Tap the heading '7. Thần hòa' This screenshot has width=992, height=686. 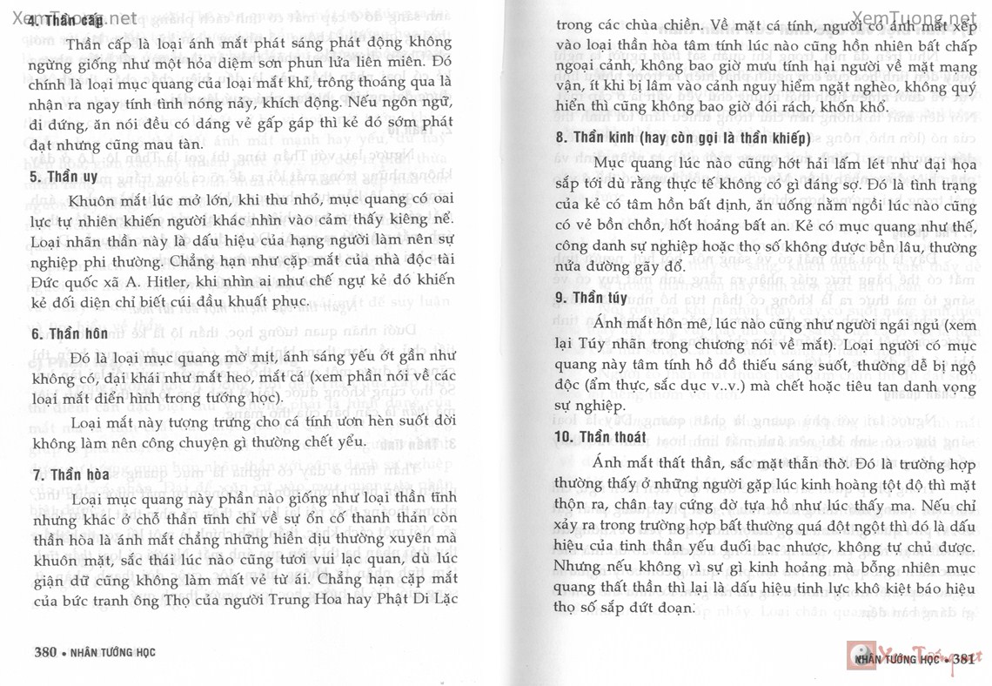[x=66, y=474]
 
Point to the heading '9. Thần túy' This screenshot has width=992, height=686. [x=591, y=298]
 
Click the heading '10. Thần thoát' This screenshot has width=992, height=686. [x=600, y=437]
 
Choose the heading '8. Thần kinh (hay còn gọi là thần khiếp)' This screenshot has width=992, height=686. [x=683, y=138]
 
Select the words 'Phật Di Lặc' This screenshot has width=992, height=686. [x=414, y=599]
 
